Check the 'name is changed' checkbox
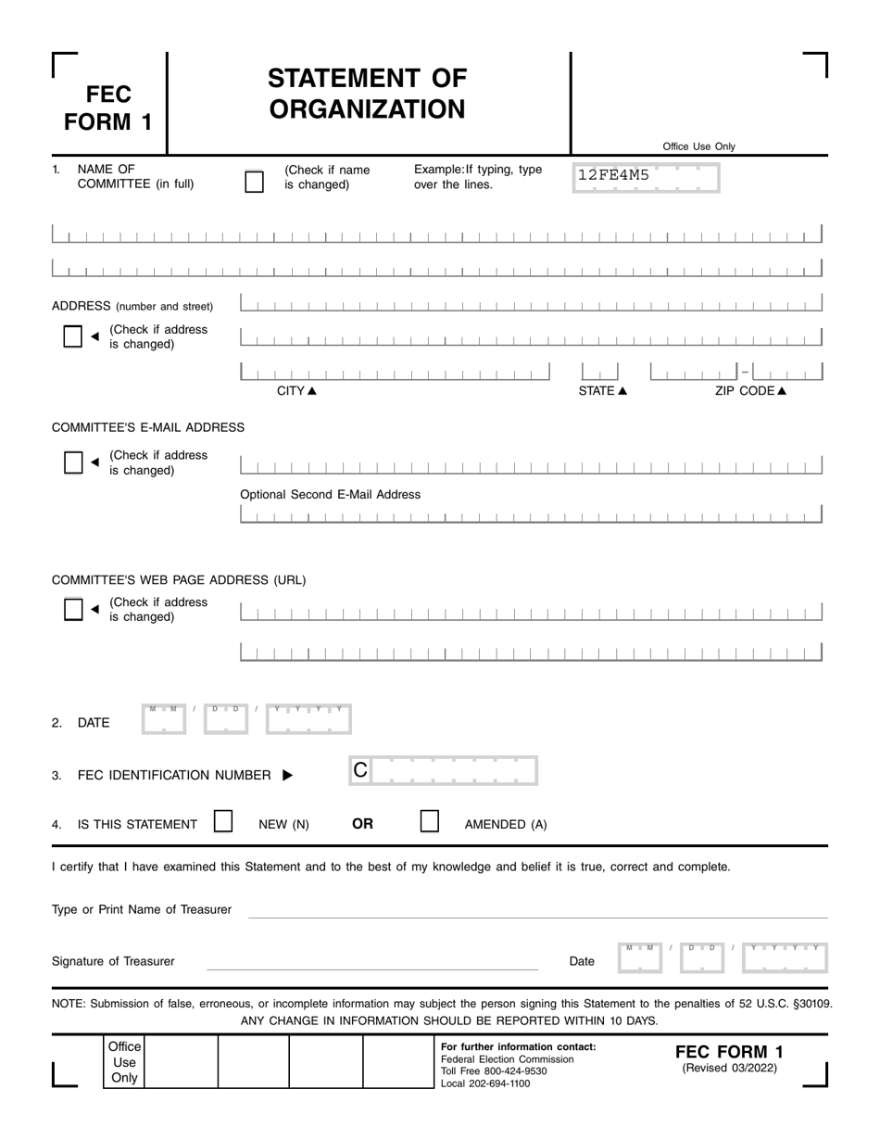(x=254, y=182)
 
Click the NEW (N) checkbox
(x=223, y=822)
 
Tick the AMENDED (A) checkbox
(x=430, y=822)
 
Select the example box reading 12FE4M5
(x=646, y=175)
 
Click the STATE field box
(x=598, y=372)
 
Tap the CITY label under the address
(x=296, y=391)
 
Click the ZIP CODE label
(x=750, y=391)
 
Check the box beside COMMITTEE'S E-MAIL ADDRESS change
(x=73, y=462)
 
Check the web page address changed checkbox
(x=73, y=609)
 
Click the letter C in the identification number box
(x=361, y=769)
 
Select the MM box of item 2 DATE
(x=164, y=719)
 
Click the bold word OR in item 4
(x=362, y=824)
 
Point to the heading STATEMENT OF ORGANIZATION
(x=368, y=94)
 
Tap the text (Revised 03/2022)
(x=730, y=1068)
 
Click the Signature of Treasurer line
(x=371, y=963)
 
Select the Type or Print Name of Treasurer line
(x=537, y=911)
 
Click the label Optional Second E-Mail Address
(x=330, y=495)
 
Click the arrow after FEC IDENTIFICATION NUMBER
(x=287, y=776)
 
